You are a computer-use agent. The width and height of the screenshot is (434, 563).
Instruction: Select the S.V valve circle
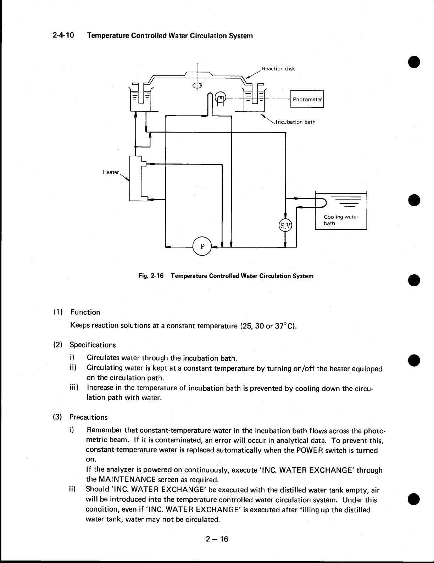pos(285,225)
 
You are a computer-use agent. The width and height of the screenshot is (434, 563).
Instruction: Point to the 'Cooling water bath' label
pos(341,220)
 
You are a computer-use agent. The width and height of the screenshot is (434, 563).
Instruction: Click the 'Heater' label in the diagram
pos(111,172)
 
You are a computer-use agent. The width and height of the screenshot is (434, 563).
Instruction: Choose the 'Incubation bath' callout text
pos(296,122)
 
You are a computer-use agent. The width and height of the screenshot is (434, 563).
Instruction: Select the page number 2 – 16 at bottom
pos(217,539)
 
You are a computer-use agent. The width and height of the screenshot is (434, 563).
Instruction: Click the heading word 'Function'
pos(85,312)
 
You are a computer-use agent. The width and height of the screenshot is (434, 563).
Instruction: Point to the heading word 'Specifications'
pos(93,345)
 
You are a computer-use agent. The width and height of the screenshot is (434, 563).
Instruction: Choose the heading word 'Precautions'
pos(88,417)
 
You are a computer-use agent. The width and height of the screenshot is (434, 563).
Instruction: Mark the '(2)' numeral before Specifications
pos(58,345)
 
